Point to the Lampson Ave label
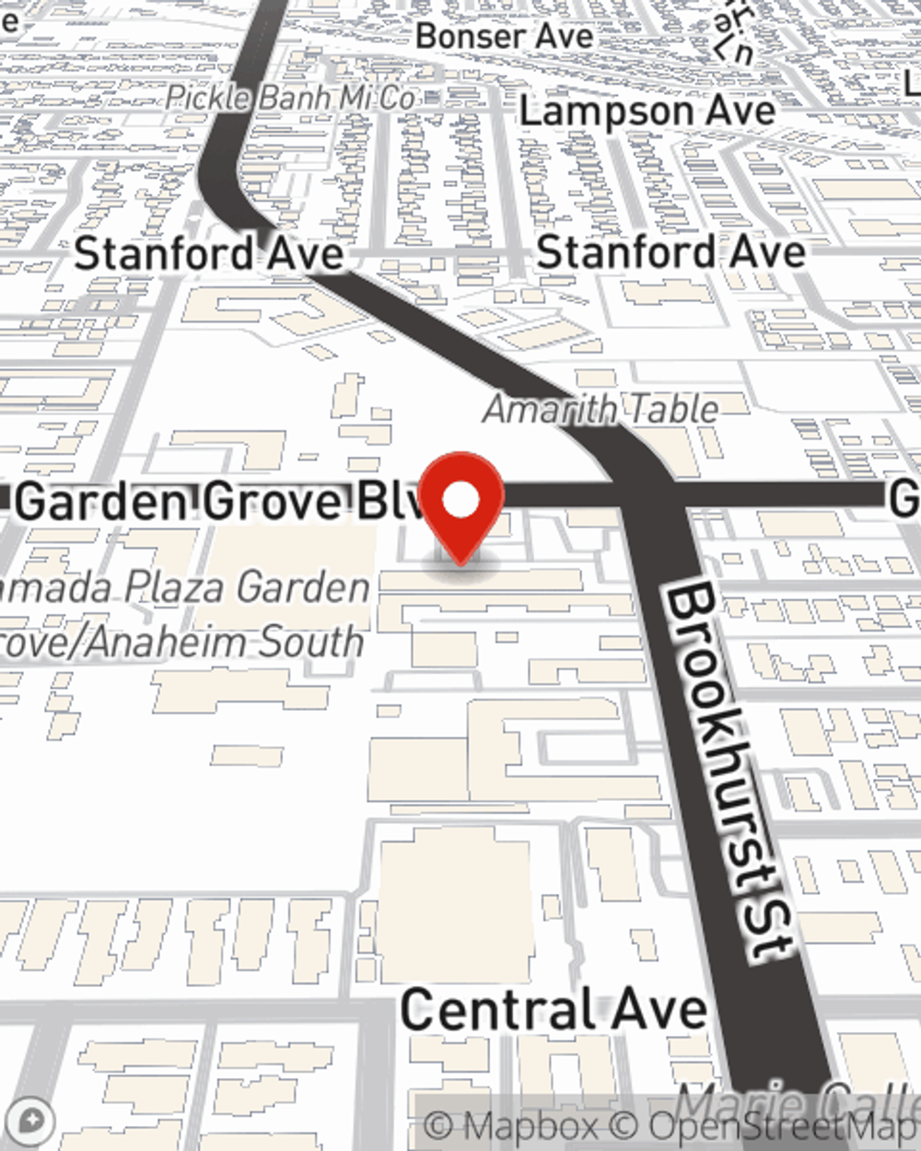coord(647,111)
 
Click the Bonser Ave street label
coord(504,36)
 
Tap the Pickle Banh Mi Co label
coord(290,97)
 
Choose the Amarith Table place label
coord(600,409)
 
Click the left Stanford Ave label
coord(209,253)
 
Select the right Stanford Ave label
coord(670,251)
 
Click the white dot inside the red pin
coord(460,500)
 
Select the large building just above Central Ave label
coord(454,902)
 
